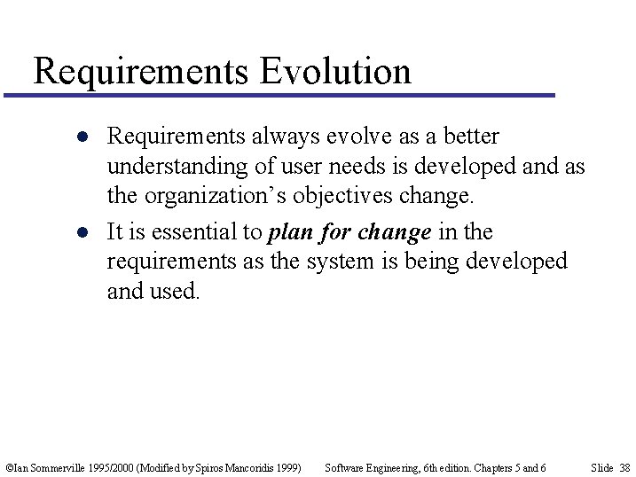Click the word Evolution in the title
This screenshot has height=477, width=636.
tap(336, 71)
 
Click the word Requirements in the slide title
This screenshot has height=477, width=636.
tap(141, 71)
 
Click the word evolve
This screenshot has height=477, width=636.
tap(349, 137)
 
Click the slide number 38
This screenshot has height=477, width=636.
tap(624, 467)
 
